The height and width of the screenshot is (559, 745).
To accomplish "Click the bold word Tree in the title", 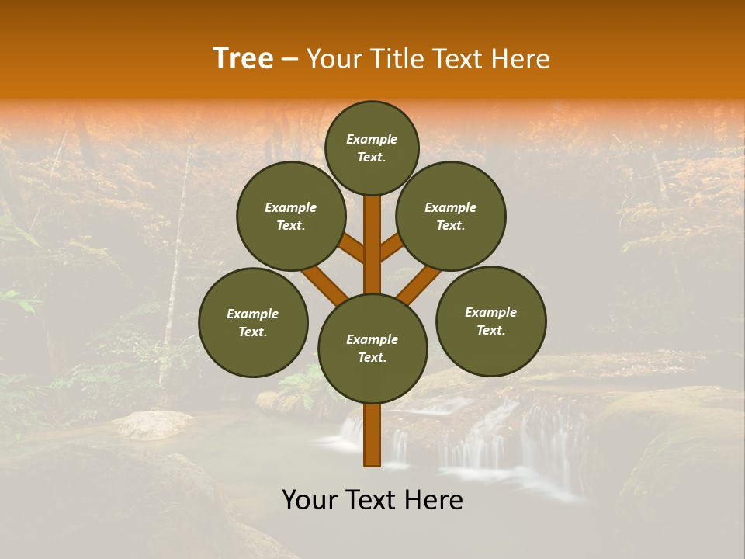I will click(x=243, y=59).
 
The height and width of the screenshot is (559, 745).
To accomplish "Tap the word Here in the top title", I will click(x=521, y=59).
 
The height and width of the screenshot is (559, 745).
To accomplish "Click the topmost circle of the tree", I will click(x=372, y=148).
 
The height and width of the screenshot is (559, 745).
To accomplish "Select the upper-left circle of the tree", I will click(x=291, y=216).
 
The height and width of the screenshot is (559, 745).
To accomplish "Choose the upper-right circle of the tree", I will click(x=451, y=216).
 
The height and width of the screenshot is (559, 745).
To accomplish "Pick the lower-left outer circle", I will click(x=253, y=322).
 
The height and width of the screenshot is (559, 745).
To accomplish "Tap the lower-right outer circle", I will click(x=490, y=321).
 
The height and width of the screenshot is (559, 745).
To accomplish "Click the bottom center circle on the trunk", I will click(x=372, y=349).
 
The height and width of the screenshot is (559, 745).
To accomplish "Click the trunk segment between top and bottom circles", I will click(x=372, y=245).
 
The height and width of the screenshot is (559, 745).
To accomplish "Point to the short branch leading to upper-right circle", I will click(x=392, y=247).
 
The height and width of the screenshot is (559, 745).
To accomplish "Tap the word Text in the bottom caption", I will click(x=372, y=500).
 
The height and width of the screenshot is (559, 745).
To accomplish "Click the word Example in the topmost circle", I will click(x=372, y=140).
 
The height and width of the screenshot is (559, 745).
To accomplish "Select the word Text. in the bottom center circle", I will click(x=372, y=358).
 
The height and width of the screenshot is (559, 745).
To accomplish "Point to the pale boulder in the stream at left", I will click(x=154, y=424).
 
